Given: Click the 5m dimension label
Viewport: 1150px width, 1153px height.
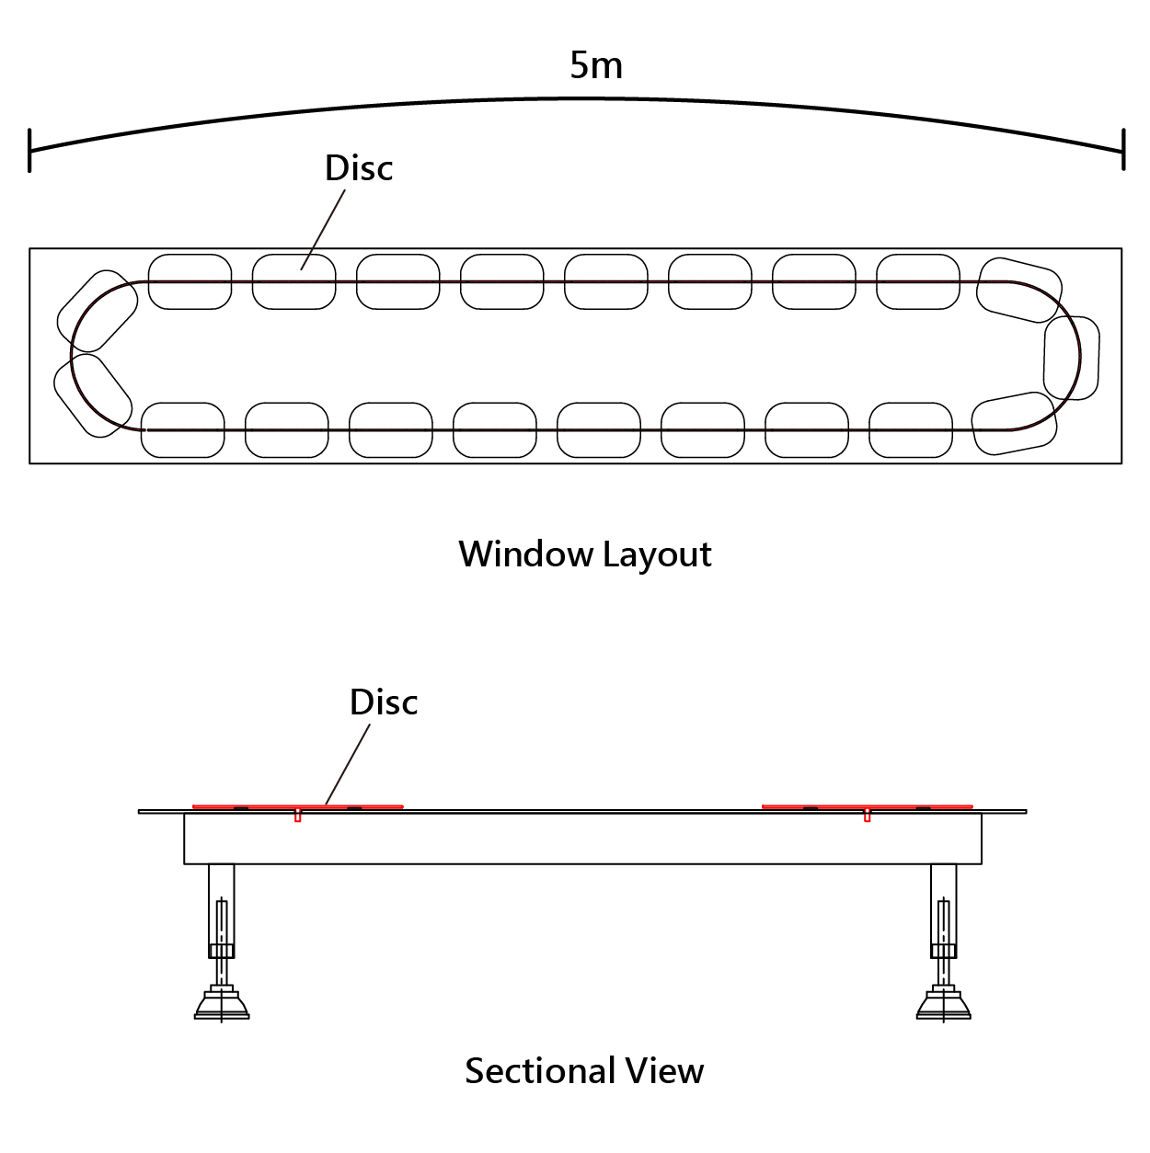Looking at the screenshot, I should point(596,65).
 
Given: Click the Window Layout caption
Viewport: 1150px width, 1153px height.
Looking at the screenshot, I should point(585,554).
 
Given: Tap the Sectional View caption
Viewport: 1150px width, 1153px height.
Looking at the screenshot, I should point(584,1070).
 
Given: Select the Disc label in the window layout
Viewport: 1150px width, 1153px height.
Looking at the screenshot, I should point(359,167).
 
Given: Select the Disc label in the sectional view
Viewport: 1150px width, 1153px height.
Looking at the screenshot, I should point(384,702).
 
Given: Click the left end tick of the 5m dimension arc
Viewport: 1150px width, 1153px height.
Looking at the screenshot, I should point(29,150).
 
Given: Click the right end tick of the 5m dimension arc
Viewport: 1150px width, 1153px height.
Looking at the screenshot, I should point(1123,149).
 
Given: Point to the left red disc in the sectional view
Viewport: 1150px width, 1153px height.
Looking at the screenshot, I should point(297,806).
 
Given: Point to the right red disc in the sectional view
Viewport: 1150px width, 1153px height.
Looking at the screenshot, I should point(867,806).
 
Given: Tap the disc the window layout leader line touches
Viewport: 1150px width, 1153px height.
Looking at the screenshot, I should point(293,281).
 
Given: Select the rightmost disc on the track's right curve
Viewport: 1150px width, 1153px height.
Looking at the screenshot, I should point(1072,358).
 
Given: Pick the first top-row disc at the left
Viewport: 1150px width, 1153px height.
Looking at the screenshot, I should point(190,281).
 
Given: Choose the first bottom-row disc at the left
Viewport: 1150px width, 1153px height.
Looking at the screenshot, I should point(182,429).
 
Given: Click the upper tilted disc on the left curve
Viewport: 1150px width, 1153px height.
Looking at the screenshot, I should point(98,304).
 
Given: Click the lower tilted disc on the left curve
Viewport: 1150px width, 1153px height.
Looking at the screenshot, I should point(92,395).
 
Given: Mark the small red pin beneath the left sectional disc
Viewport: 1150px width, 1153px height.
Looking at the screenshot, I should point(297,816).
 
